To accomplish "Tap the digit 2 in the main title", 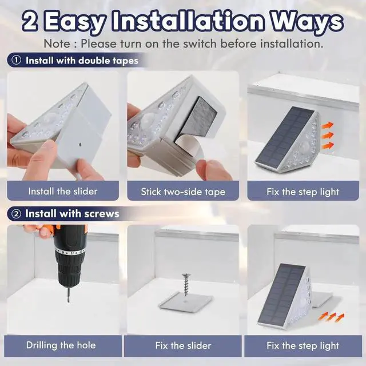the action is tap(30, 22).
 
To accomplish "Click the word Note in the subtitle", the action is tap(57, 43).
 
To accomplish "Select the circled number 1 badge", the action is tap(16, 60).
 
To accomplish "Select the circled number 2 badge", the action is tap(16, 214).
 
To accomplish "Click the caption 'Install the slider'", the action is tap(63, 192).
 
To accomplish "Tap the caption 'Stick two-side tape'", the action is tap(183, 192).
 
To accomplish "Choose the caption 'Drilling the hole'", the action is tap(61, 345).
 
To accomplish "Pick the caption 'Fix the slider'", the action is tap(183, 345).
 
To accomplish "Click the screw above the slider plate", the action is tap(186, 285).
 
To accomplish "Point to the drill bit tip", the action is tap(69, 302).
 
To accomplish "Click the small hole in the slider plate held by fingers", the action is tap(81, 145).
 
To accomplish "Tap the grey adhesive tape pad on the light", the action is tap(196, 121).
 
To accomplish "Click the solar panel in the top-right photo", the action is tap(285, 138).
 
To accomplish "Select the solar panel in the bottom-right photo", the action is tap(282, 296).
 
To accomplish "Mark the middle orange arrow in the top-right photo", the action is tap(328, 136).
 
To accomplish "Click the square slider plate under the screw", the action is tap(186, 302).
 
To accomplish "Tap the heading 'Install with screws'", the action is tap(72, 214).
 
